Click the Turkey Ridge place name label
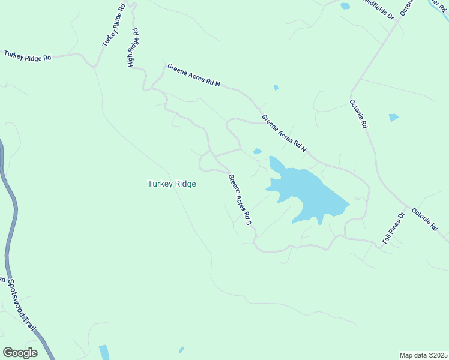172,184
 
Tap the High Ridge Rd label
133,48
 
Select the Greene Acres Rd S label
239,200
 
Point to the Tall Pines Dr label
394,228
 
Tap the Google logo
20,353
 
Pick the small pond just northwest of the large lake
258,151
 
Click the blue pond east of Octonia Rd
393,118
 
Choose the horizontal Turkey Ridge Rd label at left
28,55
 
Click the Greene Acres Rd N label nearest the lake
284,132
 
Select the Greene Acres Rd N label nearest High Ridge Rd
194,76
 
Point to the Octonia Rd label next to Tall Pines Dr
425,220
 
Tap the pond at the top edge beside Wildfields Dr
345,6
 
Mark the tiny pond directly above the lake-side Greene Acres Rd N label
276,88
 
